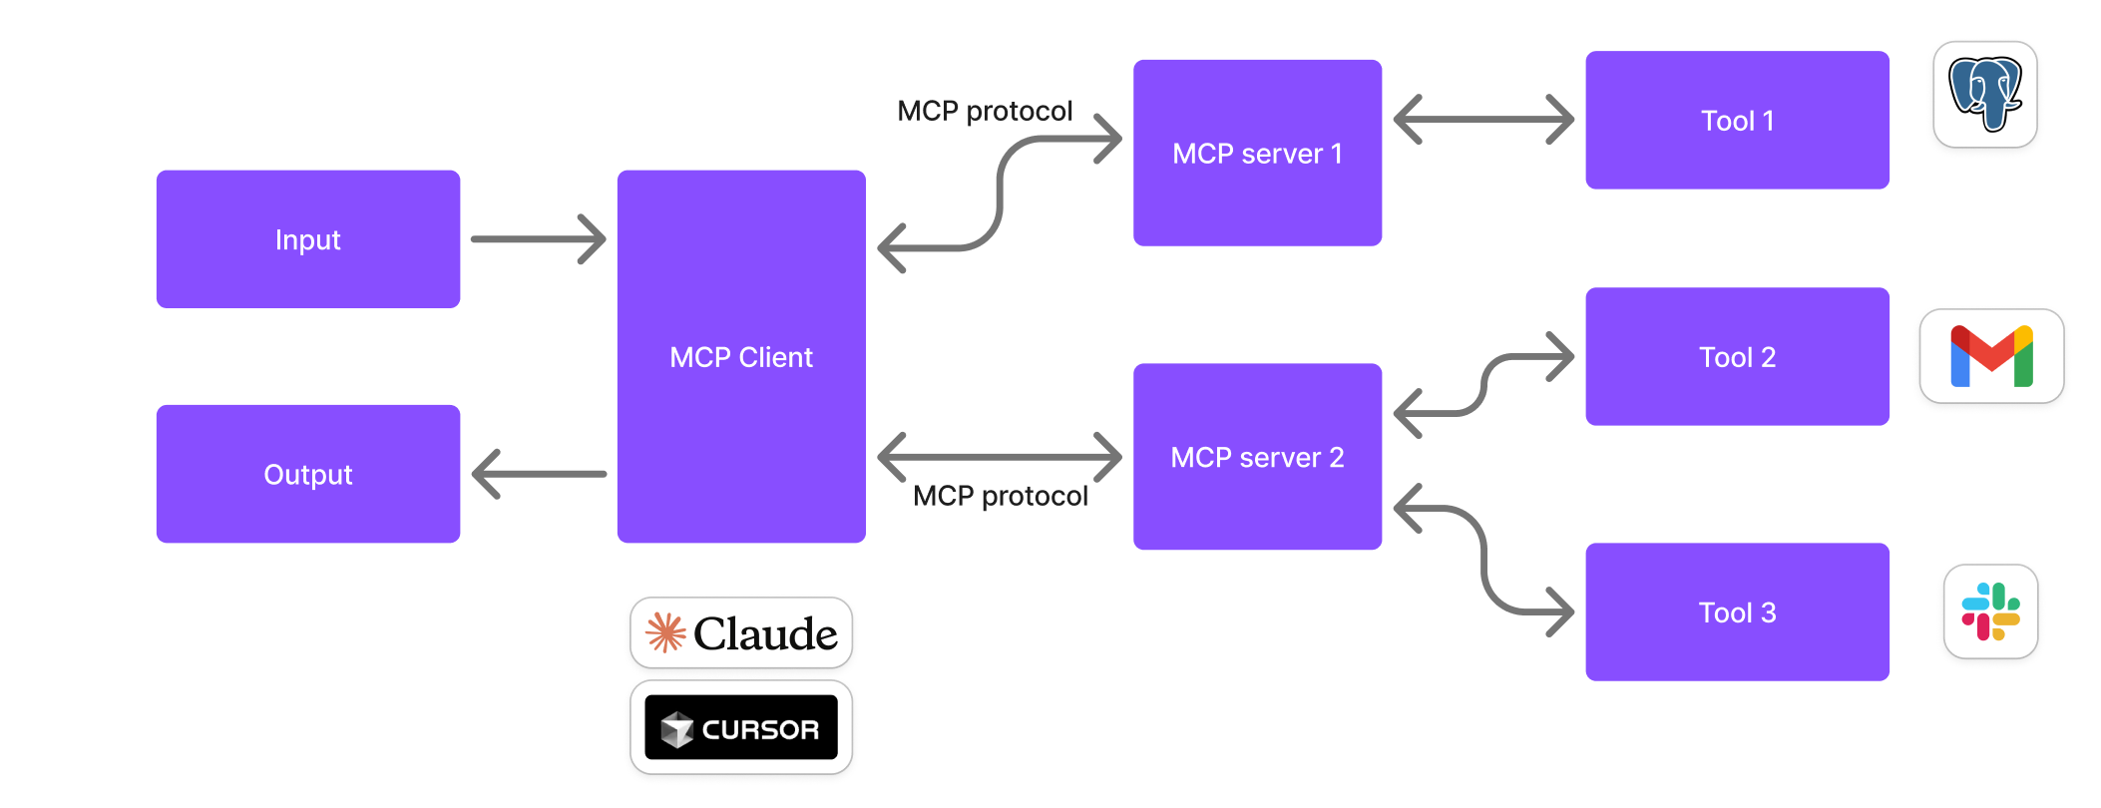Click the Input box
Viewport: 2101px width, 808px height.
pyautogui.click(x=307, y=239)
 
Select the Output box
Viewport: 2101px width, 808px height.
pyautogui.click(x=307, y=474)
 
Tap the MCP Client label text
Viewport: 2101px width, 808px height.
pyautogui.click(x=740, y=357)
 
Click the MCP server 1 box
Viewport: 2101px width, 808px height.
pyautogui.click(x=1257, y=153)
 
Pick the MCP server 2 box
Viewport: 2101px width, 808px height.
pyautogui.click(x=1257, y=456)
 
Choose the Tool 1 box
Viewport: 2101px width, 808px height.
pyautogui.click(x=1737, y=120)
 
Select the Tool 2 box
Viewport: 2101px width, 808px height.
pyautogui.click(x=1737, y=356)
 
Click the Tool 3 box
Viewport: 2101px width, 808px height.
pyautogui.click(x=1737, y=611)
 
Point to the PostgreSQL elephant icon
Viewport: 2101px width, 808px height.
pyautogui.click(x=1984, y=94)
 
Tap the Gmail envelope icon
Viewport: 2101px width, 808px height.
pyautogui.click(x=1991, y=356)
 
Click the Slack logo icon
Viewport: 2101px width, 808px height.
pyautogui.click(x=1990, y=611)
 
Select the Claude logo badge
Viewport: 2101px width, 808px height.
pyautogui.click(x=741, y=633)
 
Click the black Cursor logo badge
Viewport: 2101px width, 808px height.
pyautogui.click(x=741, y=727)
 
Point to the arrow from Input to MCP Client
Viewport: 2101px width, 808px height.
pyautogui.click(x=539, y=239)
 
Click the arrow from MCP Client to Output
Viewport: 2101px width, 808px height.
pyautogui.click(x=539, y=474)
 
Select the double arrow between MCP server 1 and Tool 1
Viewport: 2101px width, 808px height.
pyautogui.click(x=1483, y=120)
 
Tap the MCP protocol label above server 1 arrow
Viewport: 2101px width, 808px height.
pyautogui.click(x=985, y=111)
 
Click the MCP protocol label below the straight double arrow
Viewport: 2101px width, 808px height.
pyautogui.click(x=1000, y=496)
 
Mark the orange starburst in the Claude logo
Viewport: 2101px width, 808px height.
pyautogui.click(x=665, y=633)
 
